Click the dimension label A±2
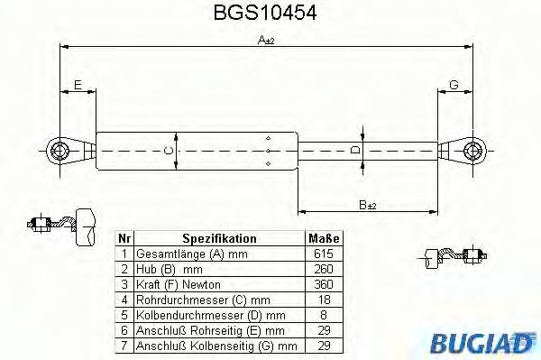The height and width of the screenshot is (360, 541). pos(265,41)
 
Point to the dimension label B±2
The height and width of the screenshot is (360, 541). pos(368,205)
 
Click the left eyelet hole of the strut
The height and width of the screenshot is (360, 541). pos(61,149)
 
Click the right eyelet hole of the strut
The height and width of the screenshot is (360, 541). pos(470,149)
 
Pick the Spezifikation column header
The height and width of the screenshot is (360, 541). pos(219,239)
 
